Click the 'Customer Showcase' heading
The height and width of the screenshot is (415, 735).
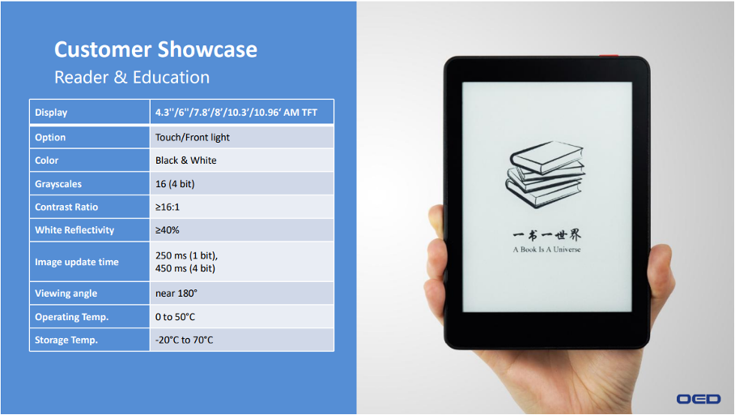click(155, 49)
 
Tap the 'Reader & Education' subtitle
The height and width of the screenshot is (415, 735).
click(132, 77)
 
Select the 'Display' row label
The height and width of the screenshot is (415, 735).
click(51, 113)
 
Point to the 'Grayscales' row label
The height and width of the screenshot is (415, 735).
click(58, 184)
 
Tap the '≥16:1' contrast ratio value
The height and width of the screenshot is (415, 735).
click(168, 207)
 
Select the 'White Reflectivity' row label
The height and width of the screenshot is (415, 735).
click(74, 230)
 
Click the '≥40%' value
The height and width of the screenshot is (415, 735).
click(168, 230)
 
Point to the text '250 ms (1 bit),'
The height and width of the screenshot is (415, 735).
click(186, 255)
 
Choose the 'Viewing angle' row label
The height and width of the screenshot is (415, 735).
click(66, 293)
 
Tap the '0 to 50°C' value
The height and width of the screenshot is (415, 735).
click(175, 317)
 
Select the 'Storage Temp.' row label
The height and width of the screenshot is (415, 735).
click(66, 340)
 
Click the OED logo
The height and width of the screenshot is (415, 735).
click(699, 399)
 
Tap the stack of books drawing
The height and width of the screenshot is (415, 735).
click(545, 174)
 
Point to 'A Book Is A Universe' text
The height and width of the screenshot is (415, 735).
click(546, 250)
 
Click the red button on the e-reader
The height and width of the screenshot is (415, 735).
click(609, 56)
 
